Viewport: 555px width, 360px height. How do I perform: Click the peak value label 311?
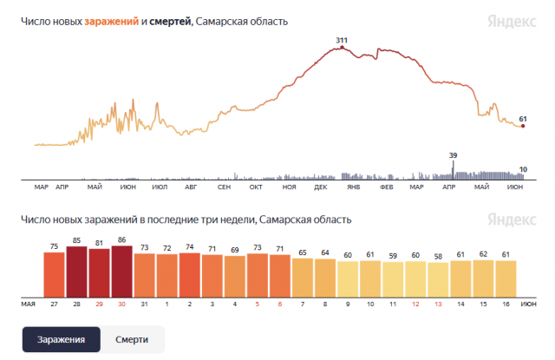pos(342,40)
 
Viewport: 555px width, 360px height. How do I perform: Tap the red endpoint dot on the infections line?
pos(522,127)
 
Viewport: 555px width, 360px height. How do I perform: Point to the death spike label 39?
pos(453,155)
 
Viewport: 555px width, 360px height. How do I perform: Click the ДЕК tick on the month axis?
pos(321,187)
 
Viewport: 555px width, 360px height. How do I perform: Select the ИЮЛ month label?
pos(159,187)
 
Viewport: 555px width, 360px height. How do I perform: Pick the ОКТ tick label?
pos(256,187)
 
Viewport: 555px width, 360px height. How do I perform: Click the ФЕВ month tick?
pos(386,187)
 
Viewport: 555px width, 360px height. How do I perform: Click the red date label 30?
pos(121,304)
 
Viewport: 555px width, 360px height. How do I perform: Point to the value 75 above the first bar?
pos(54,246)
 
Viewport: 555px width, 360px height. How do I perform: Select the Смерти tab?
pos(131,339)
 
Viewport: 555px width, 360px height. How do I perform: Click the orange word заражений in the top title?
pos(110,22)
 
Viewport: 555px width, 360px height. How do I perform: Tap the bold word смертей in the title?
pos(171,22)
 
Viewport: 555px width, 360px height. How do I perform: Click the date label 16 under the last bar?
pos(505,304)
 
